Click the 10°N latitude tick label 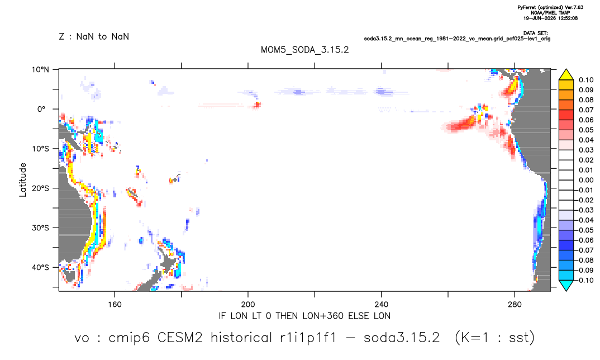pyautogui.click(x=40, y=70)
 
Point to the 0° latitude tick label pyautogui.click(x=42, y=109)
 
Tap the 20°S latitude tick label pyautogui.click(x=40, y=188)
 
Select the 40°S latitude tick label pyautogui.click(x=40, y=267)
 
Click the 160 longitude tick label pyautogui.click(x=115, y=305)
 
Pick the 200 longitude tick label pyautogui.click(x=248, y=305)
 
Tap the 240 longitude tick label pyautogui.click(x=382, y=305)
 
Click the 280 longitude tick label pyautogui.click(x=515, y=305)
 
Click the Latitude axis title pyautogui.click(x=23, y=180)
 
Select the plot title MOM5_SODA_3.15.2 pyautogui.click(x=305, y=50)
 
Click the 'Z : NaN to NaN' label pyautogui.click(x=94, y=37)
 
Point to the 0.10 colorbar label pyautogui.click(x=586, y=80)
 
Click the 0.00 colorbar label pyautogui.click(x=586, y=180)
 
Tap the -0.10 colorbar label pyautogui.click(x=585, y=280)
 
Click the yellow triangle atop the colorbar pyautogui.click(x=566, y=75)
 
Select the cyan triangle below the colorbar pyautogui.click(x=566, y=285)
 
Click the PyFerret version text pyautogui.click(x=550, y=8)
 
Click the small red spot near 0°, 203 pyautogui.click(x=257, y=104)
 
